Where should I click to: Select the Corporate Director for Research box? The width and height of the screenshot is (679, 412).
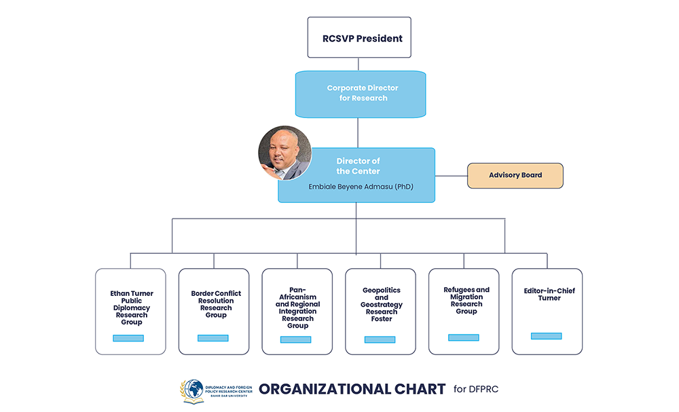(360, 94)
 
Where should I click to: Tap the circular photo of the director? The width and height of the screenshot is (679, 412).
(285, 153)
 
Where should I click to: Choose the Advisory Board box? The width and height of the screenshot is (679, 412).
(515, 175)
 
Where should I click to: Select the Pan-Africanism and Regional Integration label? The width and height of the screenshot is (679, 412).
(297, 307)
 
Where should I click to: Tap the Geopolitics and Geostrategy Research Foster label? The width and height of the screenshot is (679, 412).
(382, 304)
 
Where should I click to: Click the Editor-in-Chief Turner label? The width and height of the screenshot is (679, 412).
(549, 294)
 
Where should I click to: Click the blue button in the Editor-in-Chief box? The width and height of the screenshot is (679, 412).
(546, 336)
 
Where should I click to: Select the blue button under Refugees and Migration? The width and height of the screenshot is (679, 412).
(463, 337)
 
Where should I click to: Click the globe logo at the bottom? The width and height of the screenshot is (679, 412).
(193, 391)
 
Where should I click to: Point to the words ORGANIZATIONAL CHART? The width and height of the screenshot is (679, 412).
(352, 389)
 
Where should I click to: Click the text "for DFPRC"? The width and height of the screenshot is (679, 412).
(476, 389)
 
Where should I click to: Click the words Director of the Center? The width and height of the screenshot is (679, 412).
(358, 166)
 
